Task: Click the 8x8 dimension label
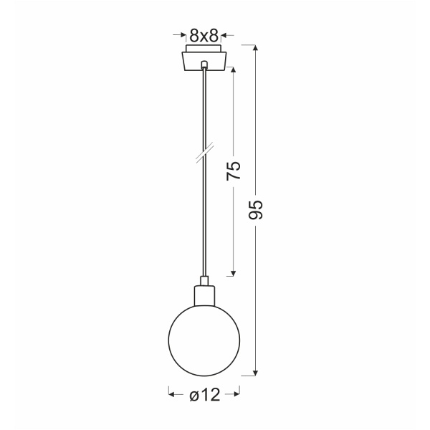coord(205,34)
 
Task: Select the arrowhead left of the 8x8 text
coord(177,34)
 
